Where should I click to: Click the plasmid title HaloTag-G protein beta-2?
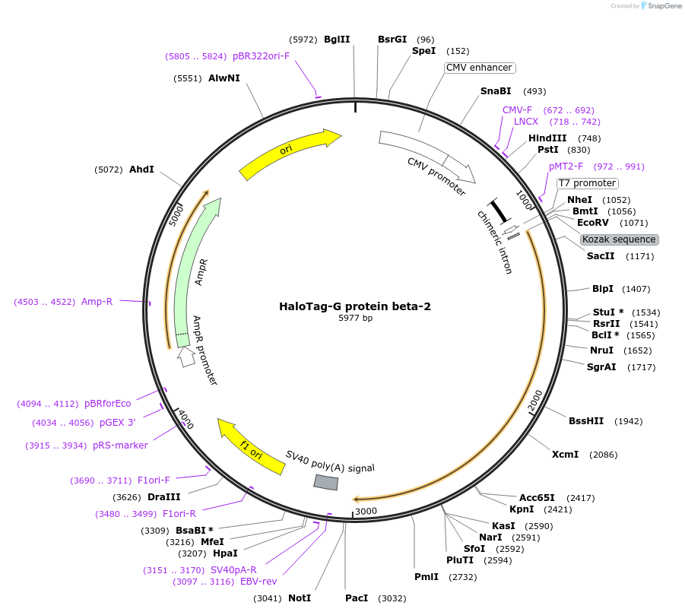(355, 306)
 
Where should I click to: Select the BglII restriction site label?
(337, 40)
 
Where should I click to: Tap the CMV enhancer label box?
(480, 68)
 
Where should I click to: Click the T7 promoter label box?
(587, 183)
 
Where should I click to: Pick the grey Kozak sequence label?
(620, 239)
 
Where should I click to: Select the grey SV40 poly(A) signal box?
(326, 482)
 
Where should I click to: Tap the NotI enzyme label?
(300, 598)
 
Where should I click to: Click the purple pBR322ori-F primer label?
(261, 56)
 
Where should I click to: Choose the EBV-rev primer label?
(258, 582)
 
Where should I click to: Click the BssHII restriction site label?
(585, 421)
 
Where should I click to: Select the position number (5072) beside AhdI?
(109, 170)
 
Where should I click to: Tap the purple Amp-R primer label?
(97, 302)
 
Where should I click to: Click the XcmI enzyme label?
(565, 455)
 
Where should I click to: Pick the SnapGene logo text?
(662, 6)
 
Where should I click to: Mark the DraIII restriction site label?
(163, 497)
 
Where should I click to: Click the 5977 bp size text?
(355, 319)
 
